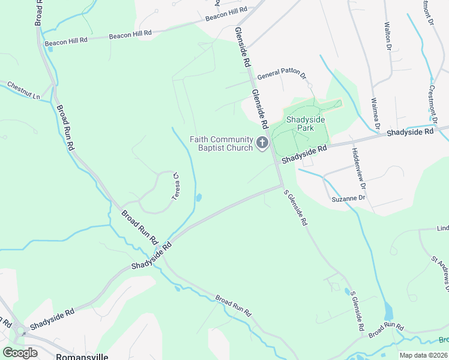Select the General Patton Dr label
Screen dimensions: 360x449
click(x=282, y=77)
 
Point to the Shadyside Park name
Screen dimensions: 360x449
click(x=305, y=124)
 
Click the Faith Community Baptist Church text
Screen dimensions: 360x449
click(x=221, y=143)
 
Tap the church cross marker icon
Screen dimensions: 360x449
click(x=262, y=143)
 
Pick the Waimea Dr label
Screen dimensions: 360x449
click(x=376, y=114)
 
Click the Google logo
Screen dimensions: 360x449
click(x=20, y=353)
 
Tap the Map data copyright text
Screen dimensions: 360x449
click(x=423, y=355)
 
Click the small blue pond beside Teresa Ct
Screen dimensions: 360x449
click(x=199, y=197)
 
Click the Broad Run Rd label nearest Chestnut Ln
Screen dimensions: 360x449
click(x=65, y=128)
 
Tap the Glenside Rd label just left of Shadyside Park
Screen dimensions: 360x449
click(x=259, y=109)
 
